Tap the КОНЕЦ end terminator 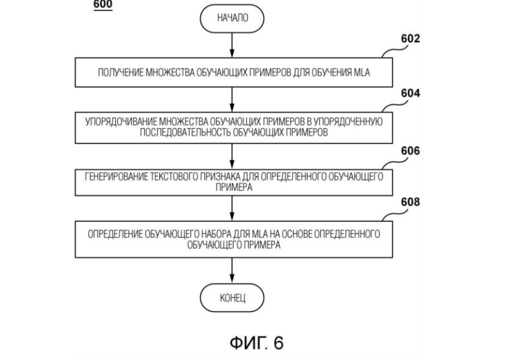(232, 297)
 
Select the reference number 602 (410, 39)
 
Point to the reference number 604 (410, 94)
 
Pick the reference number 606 (410, 151)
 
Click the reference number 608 (410, 202)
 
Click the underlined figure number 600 (103, 4)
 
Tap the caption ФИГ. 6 (256, 343)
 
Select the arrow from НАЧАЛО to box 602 (232, 45)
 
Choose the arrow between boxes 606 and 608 (232, 208)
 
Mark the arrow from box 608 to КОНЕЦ (232, 272)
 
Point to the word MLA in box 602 (363, 74)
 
